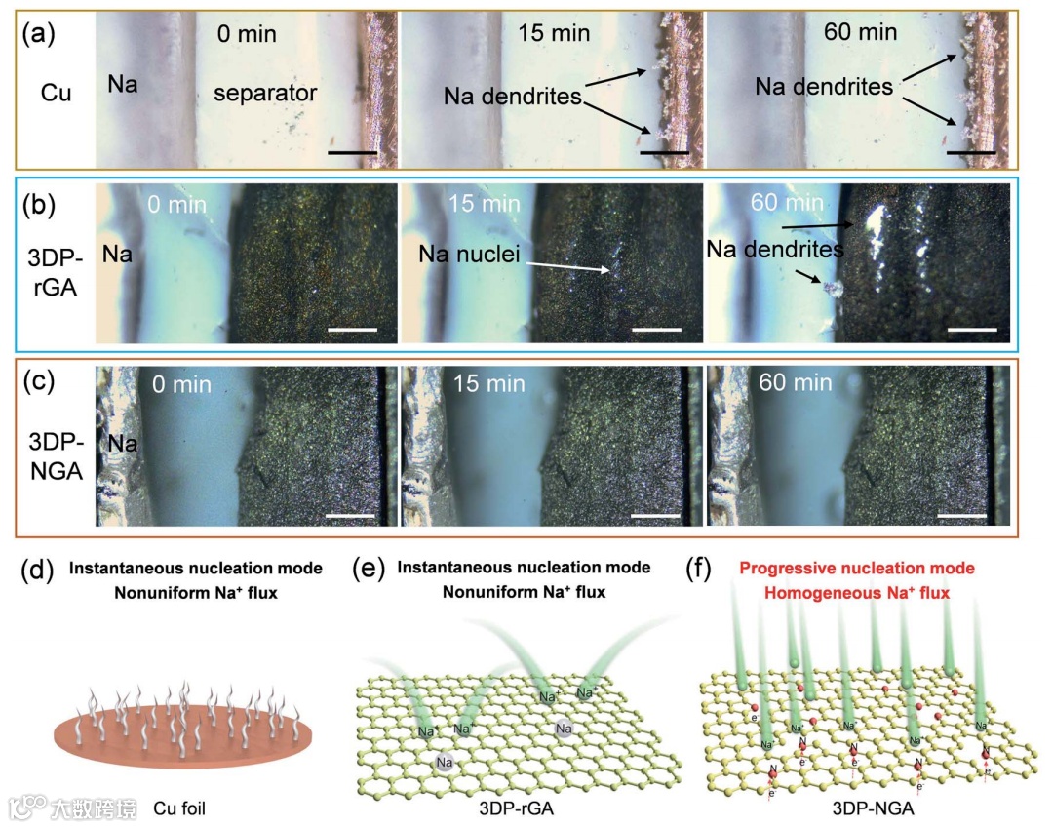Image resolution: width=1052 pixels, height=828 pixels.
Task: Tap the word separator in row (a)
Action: [x=266, y=94]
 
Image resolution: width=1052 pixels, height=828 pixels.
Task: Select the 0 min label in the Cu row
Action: [x=247, y=35]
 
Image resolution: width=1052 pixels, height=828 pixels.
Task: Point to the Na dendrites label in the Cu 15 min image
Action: [x=513, y=96]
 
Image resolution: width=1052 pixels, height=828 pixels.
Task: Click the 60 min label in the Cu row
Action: [x=859, y=32]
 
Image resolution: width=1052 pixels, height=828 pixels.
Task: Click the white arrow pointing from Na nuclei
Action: [x=566, y=265]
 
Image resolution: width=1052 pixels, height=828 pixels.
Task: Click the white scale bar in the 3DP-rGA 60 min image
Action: [x=970, y=329]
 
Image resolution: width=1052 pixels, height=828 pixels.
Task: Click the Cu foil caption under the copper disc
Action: [x=182, y=808]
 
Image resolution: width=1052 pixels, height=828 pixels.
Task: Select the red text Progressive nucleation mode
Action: [x=855, y=568]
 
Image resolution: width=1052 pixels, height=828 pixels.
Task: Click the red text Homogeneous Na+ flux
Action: [x=855, y=591]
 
